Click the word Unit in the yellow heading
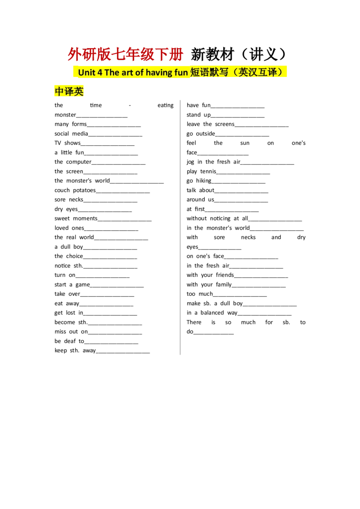(86, 72)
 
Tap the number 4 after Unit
(100, 72)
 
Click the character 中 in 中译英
(59, 92)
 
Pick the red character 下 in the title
(162, 55)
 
